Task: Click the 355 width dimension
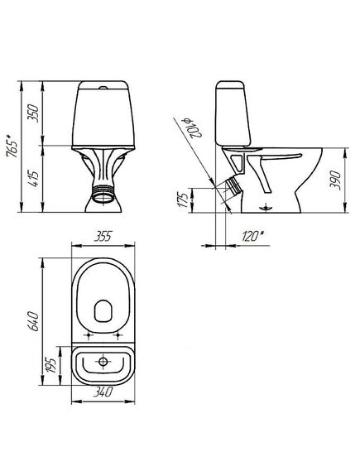[105, 238]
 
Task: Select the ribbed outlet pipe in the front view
[103, 196]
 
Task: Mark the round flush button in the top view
[103, 362]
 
